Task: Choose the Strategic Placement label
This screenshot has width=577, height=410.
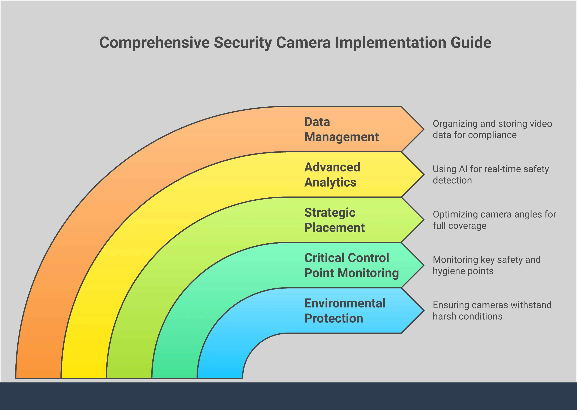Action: point(334,220)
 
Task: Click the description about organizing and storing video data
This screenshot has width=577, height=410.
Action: point(492,129)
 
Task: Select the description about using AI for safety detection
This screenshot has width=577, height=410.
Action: point(491,174)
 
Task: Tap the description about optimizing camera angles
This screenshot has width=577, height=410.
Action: point(494,220)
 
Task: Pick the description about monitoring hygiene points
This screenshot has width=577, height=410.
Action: point(487,265)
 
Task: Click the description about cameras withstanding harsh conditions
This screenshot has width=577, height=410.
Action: point(492,310)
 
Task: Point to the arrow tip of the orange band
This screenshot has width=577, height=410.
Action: point(424,129)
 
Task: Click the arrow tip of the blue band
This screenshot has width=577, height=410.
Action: point(424,310)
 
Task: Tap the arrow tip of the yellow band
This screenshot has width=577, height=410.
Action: point(424,174)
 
